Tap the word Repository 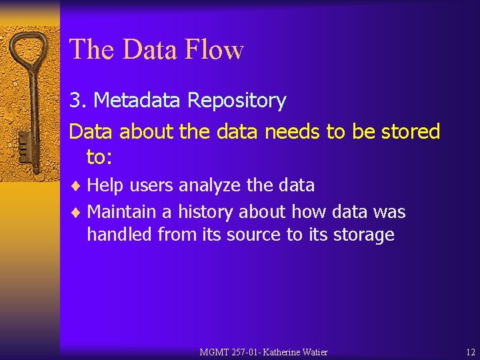237,101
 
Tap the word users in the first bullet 150,185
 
